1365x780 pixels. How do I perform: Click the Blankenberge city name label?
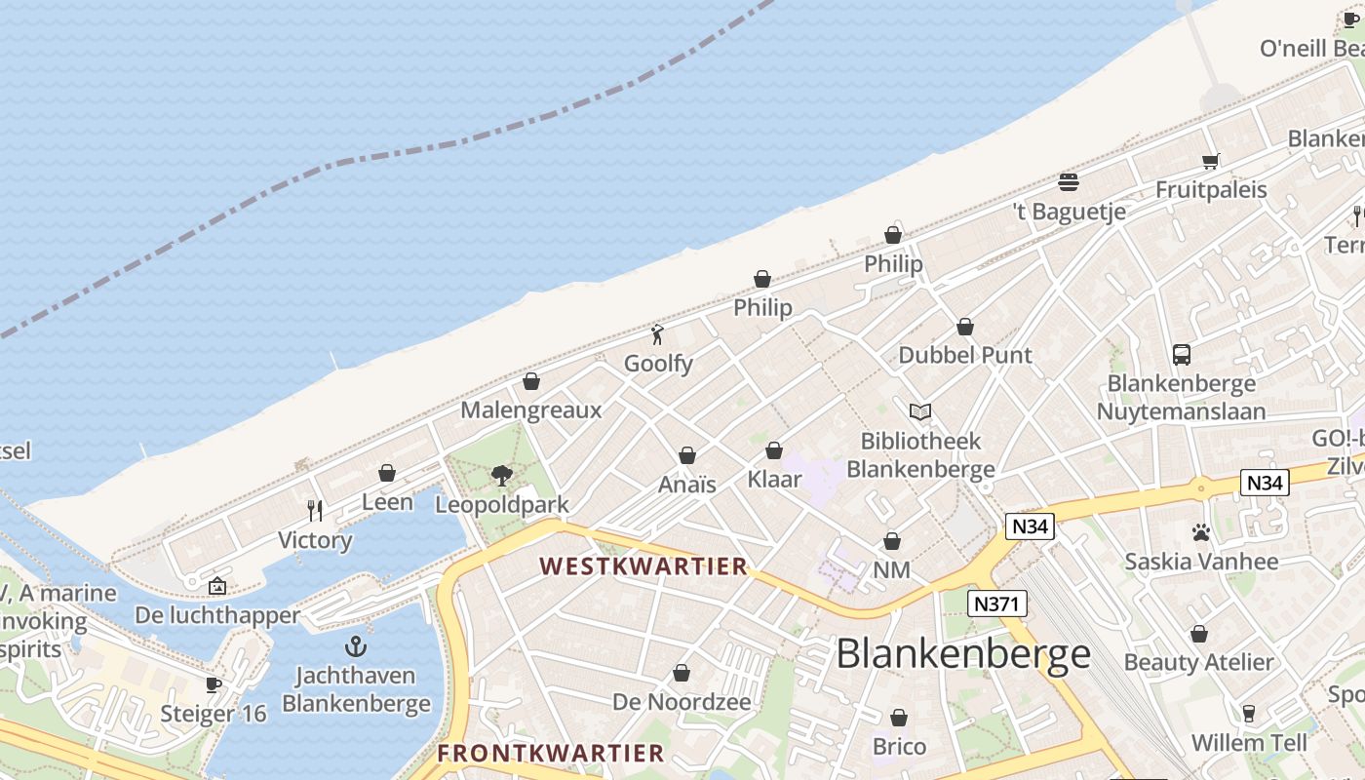[x=963, y=653]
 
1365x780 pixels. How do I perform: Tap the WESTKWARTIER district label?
[x=643, y=566]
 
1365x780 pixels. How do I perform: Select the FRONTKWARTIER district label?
[x=550, y=754]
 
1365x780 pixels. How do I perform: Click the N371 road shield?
[x=998, y=604]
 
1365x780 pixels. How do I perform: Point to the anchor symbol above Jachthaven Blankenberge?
[x=356, y=646]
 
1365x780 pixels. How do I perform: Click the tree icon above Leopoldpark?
[x=502, y=476]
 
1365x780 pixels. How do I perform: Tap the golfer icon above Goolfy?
[x=658, y=335]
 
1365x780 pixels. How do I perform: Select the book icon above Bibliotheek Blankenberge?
[x=920, y=412]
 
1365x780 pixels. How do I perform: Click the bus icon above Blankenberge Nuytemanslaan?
[x=1182, y=355]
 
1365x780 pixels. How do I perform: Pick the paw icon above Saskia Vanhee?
[x=1200, y=532]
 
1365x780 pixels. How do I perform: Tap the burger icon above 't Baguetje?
[x=1069, y=182]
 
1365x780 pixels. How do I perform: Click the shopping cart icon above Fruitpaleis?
[x=1211, y=161]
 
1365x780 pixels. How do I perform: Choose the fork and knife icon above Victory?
[x=315, y=511]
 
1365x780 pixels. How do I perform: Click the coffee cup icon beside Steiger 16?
[x=214, y=684]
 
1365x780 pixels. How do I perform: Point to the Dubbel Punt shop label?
[x=964, y=355]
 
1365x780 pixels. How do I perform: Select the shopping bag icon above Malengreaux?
[x=531, y=381]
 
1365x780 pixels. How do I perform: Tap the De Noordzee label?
[x=682, y=702]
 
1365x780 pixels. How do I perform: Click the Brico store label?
[x=899, y=747]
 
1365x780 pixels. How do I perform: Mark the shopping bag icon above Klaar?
[x=774, y=450]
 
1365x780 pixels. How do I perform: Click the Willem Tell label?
[x=1248, y=743]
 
